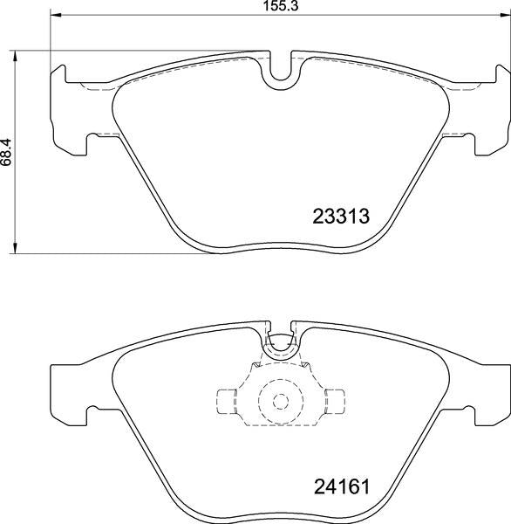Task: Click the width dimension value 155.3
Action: click(x=281, y=6)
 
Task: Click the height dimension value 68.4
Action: click(x=6, y=152)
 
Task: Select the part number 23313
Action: click(x=341, y=216)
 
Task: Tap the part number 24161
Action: click(x=342, y=486)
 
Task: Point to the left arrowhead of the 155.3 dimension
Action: click(x=55, y=15)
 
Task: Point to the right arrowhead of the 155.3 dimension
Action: click(x=506, y=15)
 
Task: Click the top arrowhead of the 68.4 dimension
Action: click(x=14, y=56)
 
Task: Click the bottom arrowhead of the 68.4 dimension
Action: click(x=14, y=248)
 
